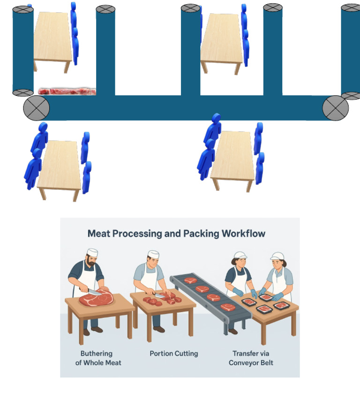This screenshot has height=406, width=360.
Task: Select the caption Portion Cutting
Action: click(173, 353)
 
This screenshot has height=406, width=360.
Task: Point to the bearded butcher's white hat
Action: click(92, 253)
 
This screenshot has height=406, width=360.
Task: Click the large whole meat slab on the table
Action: click(96, 299)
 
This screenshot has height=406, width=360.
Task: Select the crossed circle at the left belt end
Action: click(37, 108)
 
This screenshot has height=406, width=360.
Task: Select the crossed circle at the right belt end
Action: click(335, 108)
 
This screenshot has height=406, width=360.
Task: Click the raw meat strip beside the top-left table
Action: click(67, 90)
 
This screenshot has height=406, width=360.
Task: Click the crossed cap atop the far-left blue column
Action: click(23, 9)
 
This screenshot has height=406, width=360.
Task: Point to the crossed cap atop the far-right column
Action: click(351, 8)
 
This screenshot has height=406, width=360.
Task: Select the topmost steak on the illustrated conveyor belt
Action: click(190, 280)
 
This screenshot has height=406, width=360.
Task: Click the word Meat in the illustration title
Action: click(101, 233)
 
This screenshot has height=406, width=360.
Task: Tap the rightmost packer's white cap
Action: click(277, 256)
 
